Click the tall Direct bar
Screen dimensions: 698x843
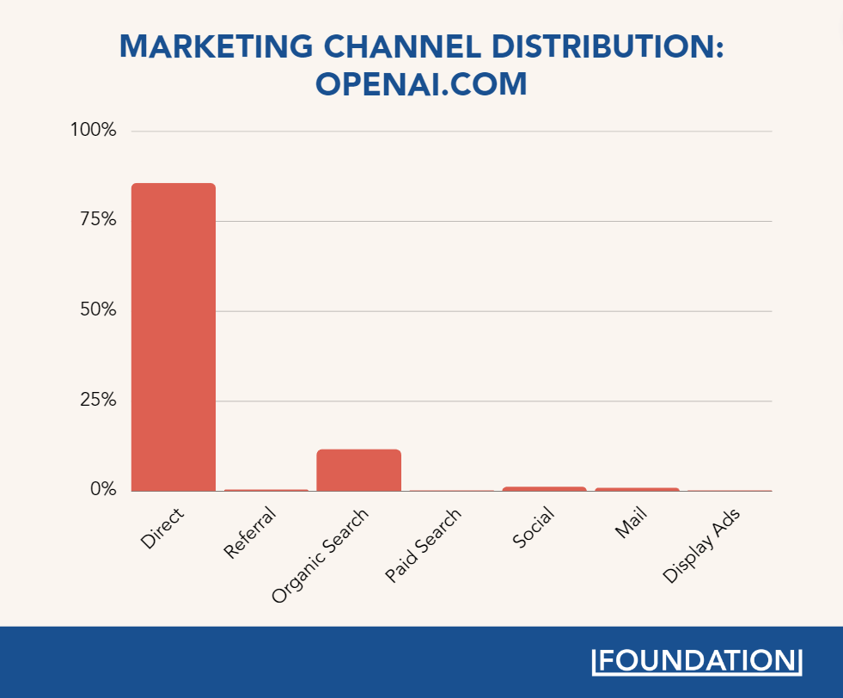tap(173, 337)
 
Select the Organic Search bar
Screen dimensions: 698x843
tap(358, 470)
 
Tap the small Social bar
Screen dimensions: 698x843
tap(544, 489)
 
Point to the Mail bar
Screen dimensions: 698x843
tap(637, 490)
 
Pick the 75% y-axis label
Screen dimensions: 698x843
tap(96, 220)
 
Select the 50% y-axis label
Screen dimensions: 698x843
tap(96, 310)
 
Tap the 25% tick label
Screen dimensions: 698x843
tap(96, 400)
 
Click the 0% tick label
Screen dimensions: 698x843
tap(101, 489)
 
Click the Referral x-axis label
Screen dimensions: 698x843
tap(250, 534)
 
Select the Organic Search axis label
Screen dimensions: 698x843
tap(320, 554)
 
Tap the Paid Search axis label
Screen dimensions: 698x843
tap(423, 545)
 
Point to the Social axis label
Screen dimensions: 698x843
tap(533, 529)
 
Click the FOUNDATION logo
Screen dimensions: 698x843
tap(697, 661)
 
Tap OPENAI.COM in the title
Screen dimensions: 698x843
tap(421, 85)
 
